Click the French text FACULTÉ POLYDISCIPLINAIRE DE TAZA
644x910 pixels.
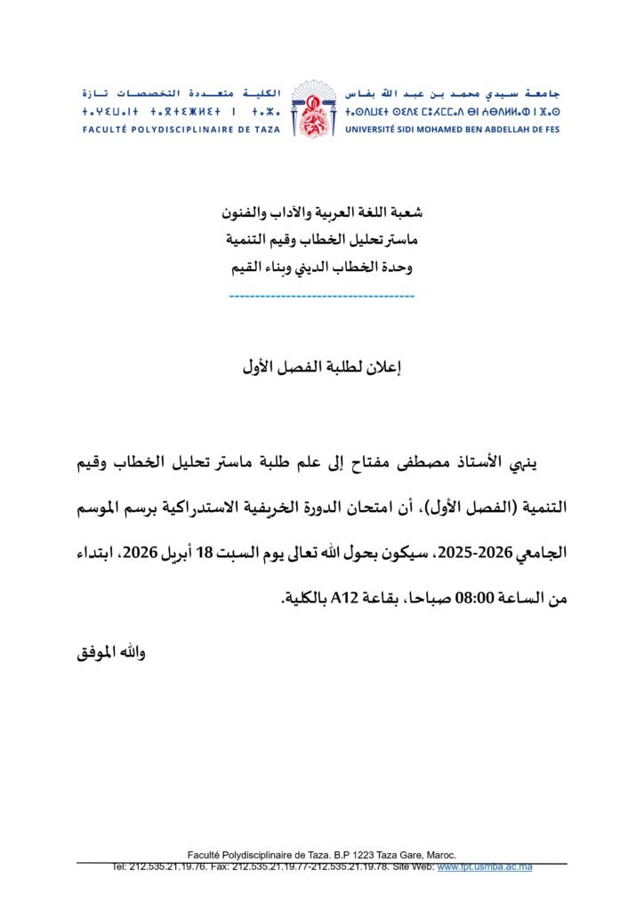[181, 130]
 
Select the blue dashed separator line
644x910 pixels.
[321, 295]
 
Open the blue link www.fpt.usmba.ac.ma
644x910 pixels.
[484, 866]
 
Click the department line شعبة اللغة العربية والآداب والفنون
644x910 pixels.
[322, 212]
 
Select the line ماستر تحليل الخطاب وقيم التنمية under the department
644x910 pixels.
[322, 239]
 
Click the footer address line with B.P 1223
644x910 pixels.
[321, 854]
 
